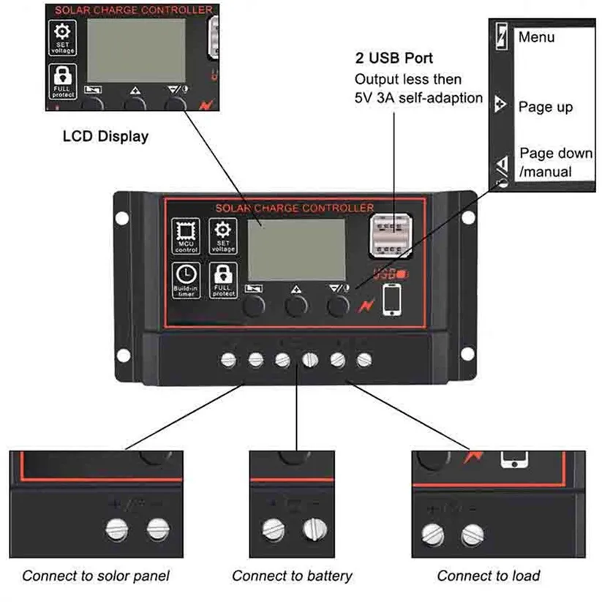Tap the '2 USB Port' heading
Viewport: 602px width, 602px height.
394,59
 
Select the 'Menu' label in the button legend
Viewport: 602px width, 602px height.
536,37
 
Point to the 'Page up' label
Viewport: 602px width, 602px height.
546,107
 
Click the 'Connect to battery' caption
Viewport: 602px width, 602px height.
292,576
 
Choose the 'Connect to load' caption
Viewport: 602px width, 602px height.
488,576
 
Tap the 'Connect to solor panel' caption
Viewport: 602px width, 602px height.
96,576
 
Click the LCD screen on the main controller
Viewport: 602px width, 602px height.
296,249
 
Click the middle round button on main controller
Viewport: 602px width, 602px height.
296,306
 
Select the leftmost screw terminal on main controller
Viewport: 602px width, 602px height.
228,359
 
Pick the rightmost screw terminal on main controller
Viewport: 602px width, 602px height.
364,359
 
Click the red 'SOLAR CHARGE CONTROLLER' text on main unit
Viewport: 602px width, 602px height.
295,208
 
